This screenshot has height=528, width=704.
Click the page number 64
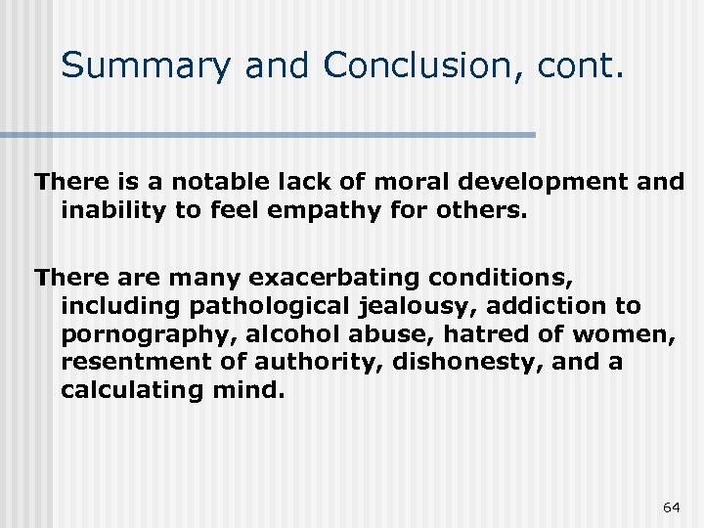[x=671, y=506]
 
